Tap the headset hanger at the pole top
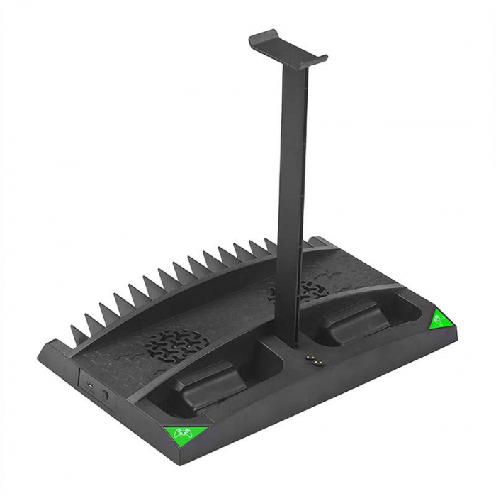coord(288,45)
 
